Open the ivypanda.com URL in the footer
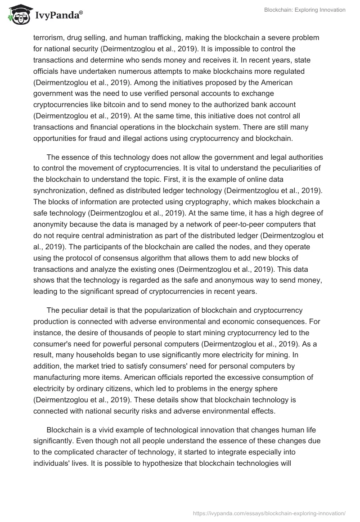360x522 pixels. coord(269,513)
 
